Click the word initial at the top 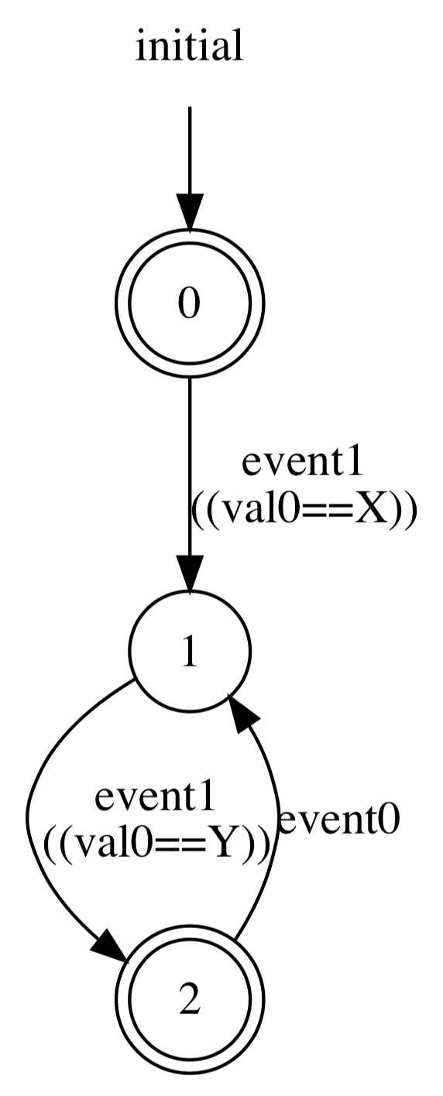point(189,46)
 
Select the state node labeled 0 point(190,303)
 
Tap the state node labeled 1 point(190,651)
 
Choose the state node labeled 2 point(190,998)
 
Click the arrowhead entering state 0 point(190,211)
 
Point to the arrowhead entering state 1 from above point(190,573)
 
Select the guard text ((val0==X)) point(303,511)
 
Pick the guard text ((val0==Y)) point(156,844)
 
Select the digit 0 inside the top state point(190,303)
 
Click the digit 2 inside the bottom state point(190,998)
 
